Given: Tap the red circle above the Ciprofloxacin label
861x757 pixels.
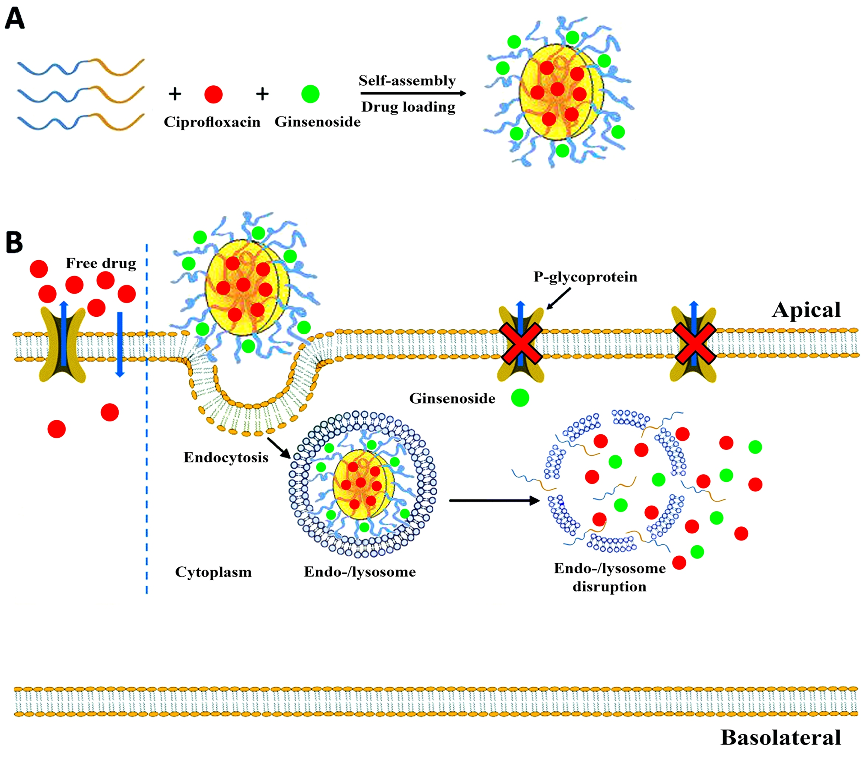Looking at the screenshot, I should (x=213, y=94).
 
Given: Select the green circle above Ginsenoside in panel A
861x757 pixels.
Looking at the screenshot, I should (x=310, y=94).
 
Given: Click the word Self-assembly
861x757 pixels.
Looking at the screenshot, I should (x=407, y=81).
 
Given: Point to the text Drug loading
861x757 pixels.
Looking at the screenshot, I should (x=408, y=107).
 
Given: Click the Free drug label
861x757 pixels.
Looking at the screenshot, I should (x=101, y=264).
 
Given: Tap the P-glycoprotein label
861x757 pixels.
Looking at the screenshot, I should (x=585, y=277).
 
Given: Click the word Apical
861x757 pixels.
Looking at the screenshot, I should (x=806, y=310).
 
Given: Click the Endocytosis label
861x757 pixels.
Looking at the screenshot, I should (x=226, y=458).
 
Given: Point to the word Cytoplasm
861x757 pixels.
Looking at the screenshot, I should (x=213, y=572).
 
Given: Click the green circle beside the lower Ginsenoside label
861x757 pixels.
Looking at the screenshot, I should (x=520, y=397).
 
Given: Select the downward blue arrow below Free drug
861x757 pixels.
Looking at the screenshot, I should (x=120, y=343).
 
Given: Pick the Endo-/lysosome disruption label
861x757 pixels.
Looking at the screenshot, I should (x=609, y=577).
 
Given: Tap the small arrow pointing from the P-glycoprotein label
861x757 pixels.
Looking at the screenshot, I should (x=558, y=299).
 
